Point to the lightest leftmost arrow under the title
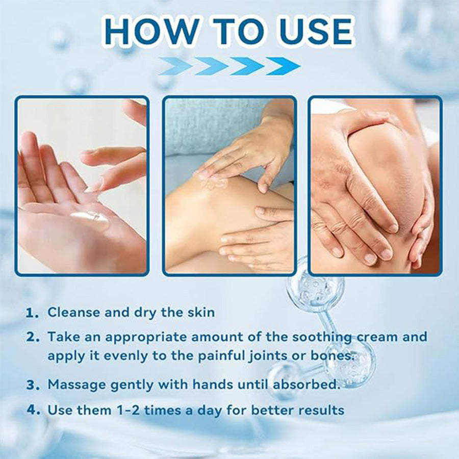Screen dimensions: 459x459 pos(175,66)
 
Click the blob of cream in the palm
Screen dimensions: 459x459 pos(92,218)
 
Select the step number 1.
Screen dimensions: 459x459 pos(32,313)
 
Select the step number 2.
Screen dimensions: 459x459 pos(33,337)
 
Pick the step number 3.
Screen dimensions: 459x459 pos(33,385)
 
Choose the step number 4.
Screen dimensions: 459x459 pos(33,410)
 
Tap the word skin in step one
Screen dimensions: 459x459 pos(198,312)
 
